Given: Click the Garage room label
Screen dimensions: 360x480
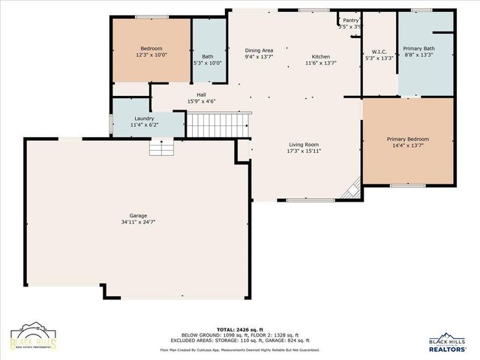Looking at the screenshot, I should (x=137, y=214).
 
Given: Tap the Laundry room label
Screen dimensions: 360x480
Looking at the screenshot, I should (x=144, y=118).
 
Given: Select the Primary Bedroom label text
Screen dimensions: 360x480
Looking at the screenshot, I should (x=408, y=139).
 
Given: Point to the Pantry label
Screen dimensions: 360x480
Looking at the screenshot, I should (x=351, y=20).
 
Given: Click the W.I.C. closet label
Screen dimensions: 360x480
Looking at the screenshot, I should (x=379, y=51).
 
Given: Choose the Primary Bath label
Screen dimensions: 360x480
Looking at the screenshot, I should (x=418, y=48).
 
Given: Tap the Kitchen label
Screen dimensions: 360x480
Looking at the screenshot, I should (x=321, y=57).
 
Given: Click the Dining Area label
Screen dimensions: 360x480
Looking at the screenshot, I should (x=259, y=50).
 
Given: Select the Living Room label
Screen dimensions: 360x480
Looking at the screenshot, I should (x=304, y=145).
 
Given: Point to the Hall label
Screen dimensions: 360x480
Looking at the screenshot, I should (x=202, y=94).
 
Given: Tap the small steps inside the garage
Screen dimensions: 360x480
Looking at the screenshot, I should (x=161, y=148).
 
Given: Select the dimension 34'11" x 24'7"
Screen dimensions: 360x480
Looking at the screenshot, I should (x=137, y=222).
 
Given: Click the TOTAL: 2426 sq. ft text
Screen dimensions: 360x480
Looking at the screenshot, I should (x=239, y=329).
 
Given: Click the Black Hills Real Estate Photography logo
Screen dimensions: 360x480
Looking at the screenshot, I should (x=34, y=339).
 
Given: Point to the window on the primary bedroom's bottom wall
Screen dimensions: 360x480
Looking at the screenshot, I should (x=407, y=185).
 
